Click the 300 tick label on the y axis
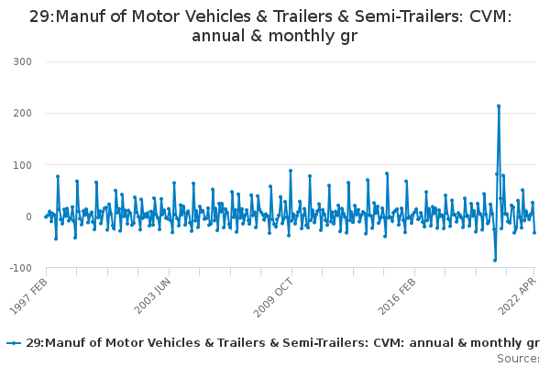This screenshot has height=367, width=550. [x=22, y=61]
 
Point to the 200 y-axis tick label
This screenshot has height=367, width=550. [x=22, y=113]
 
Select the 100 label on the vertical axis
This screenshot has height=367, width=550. [x=22, y=165]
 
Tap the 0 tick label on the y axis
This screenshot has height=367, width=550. [x=28, y=217]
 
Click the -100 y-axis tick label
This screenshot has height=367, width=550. [x=21, y=268]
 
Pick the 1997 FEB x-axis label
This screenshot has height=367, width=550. [x=28, y=296]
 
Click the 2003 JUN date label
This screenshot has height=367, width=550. [x=152, y=295]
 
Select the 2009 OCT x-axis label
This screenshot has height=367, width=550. [x=273, y=297]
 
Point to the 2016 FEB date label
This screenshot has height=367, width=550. [x=397, y=296]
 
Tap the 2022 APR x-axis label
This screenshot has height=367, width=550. [x=517, y=296]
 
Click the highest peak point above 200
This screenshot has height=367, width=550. [x=499, y=106]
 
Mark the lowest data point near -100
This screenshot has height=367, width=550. [x=495, y=261]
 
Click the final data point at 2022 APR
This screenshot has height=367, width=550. [x=534, y=232]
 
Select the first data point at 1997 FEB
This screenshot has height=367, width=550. [x=45, y=217]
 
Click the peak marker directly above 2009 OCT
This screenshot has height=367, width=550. [x=291, y=171]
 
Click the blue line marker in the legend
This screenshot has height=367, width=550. [x=14, y=343]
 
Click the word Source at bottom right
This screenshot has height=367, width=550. [x=518, y=359]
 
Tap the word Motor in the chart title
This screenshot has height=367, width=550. [x=152, y=17]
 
